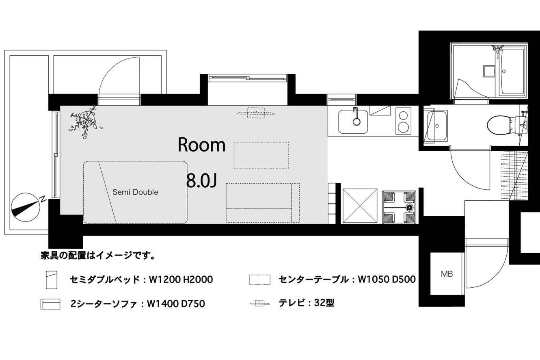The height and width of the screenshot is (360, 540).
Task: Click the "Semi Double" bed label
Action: point(135,192)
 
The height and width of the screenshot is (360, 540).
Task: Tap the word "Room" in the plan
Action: point(201,145)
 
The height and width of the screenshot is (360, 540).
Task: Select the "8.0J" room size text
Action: point(202,181)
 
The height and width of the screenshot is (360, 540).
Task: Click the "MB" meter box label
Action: point(447,274)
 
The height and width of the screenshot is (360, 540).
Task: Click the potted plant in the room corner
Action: point(86,121)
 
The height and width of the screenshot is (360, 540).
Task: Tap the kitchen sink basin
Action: point(353,121)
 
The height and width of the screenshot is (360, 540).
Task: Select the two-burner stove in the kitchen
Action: point(403,121)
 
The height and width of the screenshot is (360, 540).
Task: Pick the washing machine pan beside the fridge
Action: point(399,207)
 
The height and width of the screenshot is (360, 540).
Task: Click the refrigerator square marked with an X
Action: point(360,206)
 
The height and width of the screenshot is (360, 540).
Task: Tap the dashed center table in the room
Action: point(261,155)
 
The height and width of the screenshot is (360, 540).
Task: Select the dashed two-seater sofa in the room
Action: point(263,203)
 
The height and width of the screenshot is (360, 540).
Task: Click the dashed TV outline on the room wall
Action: point(256,113)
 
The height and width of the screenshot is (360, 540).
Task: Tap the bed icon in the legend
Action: point(52,280)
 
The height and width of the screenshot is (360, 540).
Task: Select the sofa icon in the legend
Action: point(50,304)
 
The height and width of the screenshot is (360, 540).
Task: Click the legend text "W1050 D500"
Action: point(387,280)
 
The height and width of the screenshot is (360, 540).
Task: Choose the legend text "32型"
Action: point(324,303)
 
